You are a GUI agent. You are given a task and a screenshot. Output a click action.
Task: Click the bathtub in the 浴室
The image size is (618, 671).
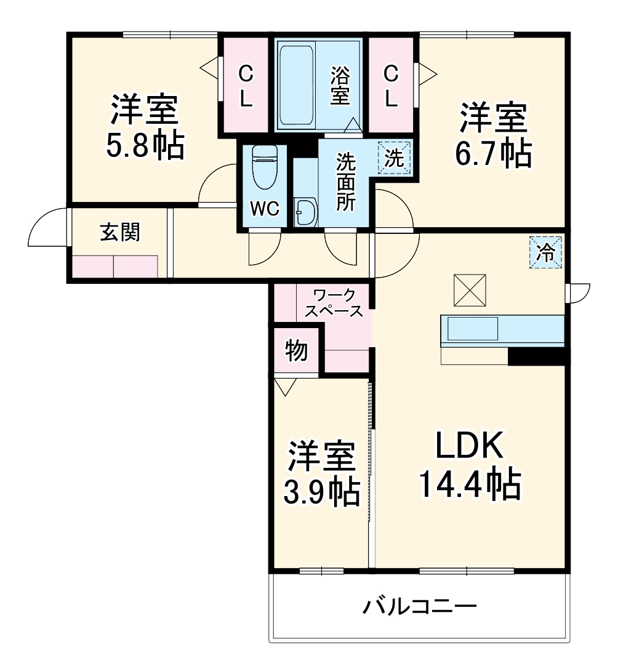(x=298, y=85)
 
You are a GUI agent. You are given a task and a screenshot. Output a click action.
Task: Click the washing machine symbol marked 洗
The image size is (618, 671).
(x=395, y=158)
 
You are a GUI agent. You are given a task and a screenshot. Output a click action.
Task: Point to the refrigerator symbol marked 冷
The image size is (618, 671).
(x=546, y=252)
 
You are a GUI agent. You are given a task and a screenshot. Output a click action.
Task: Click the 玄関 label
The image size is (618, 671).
(x=120, y=232)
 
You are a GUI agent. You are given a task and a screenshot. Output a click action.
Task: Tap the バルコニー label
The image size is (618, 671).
(x=419, y=608)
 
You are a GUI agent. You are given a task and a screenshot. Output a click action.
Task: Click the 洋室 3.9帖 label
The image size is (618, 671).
(x=321, y=473)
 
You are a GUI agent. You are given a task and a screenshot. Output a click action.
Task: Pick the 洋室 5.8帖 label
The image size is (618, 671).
(x=146, y=127)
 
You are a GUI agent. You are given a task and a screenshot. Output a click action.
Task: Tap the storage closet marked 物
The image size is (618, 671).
(x=296, y=351)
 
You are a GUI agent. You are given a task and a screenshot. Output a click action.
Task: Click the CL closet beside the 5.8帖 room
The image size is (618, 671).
(x=246, y=86)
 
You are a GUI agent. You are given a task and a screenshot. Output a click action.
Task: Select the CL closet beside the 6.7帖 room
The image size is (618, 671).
(x=391, y=86)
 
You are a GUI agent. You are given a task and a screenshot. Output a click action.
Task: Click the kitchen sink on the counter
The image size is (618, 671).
(x=472, y=329)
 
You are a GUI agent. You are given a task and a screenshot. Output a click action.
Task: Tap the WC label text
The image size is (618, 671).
(x=265, y=209)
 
